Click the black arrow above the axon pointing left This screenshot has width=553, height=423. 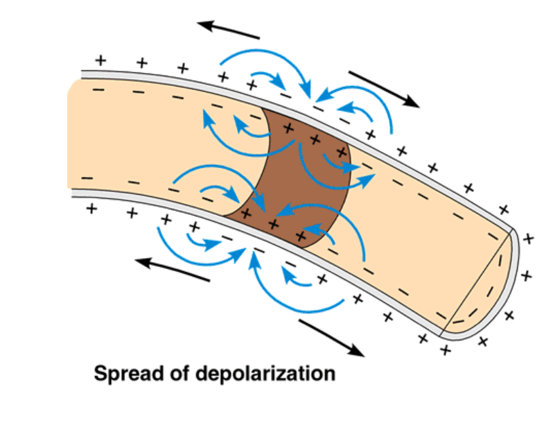click(x=228, y=30)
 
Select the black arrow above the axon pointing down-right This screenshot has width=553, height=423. click(x=383, y=88)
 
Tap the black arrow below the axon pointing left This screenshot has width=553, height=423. click(x=172, y=270)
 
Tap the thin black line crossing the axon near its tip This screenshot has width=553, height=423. click(x=477, y=277)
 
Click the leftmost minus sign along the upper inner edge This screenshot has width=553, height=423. click(x=95, y=89)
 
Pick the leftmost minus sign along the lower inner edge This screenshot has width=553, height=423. click(x=87, y=180)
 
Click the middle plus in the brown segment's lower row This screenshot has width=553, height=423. click(x=273, y=224)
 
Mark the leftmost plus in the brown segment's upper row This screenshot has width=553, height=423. click(x=289, y=128)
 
